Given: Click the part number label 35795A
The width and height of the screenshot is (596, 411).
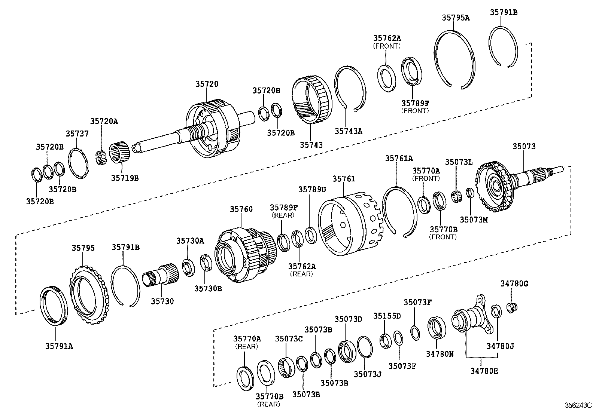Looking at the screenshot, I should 455,17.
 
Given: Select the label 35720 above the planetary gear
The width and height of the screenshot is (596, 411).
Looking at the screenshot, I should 206,84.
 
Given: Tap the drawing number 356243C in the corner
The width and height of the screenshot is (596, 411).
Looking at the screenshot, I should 578,405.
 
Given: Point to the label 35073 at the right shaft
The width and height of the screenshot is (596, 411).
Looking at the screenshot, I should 524,147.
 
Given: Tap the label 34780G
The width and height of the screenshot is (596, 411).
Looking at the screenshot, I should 514,284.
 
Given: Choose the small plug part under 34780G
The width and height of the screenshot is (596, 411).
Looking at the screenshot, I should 512,308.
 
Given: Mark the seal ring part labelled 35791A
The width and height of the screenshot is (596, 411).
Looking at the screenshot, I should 54,305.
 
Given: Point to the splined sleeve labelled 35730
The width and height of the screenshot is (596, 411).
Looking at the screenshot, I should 161,275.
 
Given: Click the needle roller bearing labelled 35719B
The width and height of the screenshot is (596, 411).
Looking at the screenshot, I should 120,153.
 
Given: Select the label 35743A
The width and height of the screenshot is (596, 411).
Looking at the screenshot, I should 349,131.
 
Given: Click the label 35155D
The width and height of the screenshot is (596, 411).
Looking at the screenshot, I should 387,316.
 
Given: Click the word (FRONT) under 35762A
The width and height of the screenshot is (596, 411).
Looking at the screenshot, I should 387,46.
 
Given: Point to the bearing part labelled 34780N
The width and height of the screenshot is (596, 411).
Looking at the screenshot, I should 437,327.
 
